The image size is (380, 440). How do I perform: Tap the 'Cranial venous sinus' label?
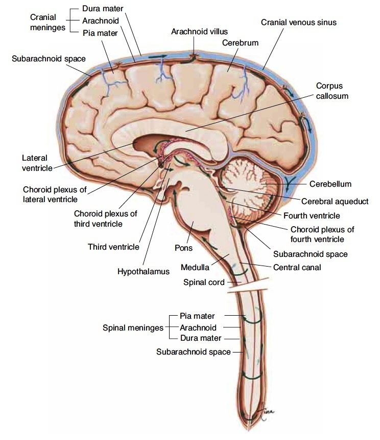[x=299, y=23]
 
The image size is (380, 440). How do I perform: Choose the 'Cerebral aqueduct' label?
[x=335, y=201]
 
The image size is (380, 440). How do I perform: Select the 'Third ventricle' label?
[x=113, y=247]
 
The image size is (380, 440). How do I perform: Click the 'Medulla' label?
[x=194, y=267]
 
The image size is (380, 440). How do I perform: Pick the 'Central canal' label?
[x=297, y=267]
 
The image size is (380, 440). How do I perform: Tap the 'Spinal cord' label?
[x=204, y=282]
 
